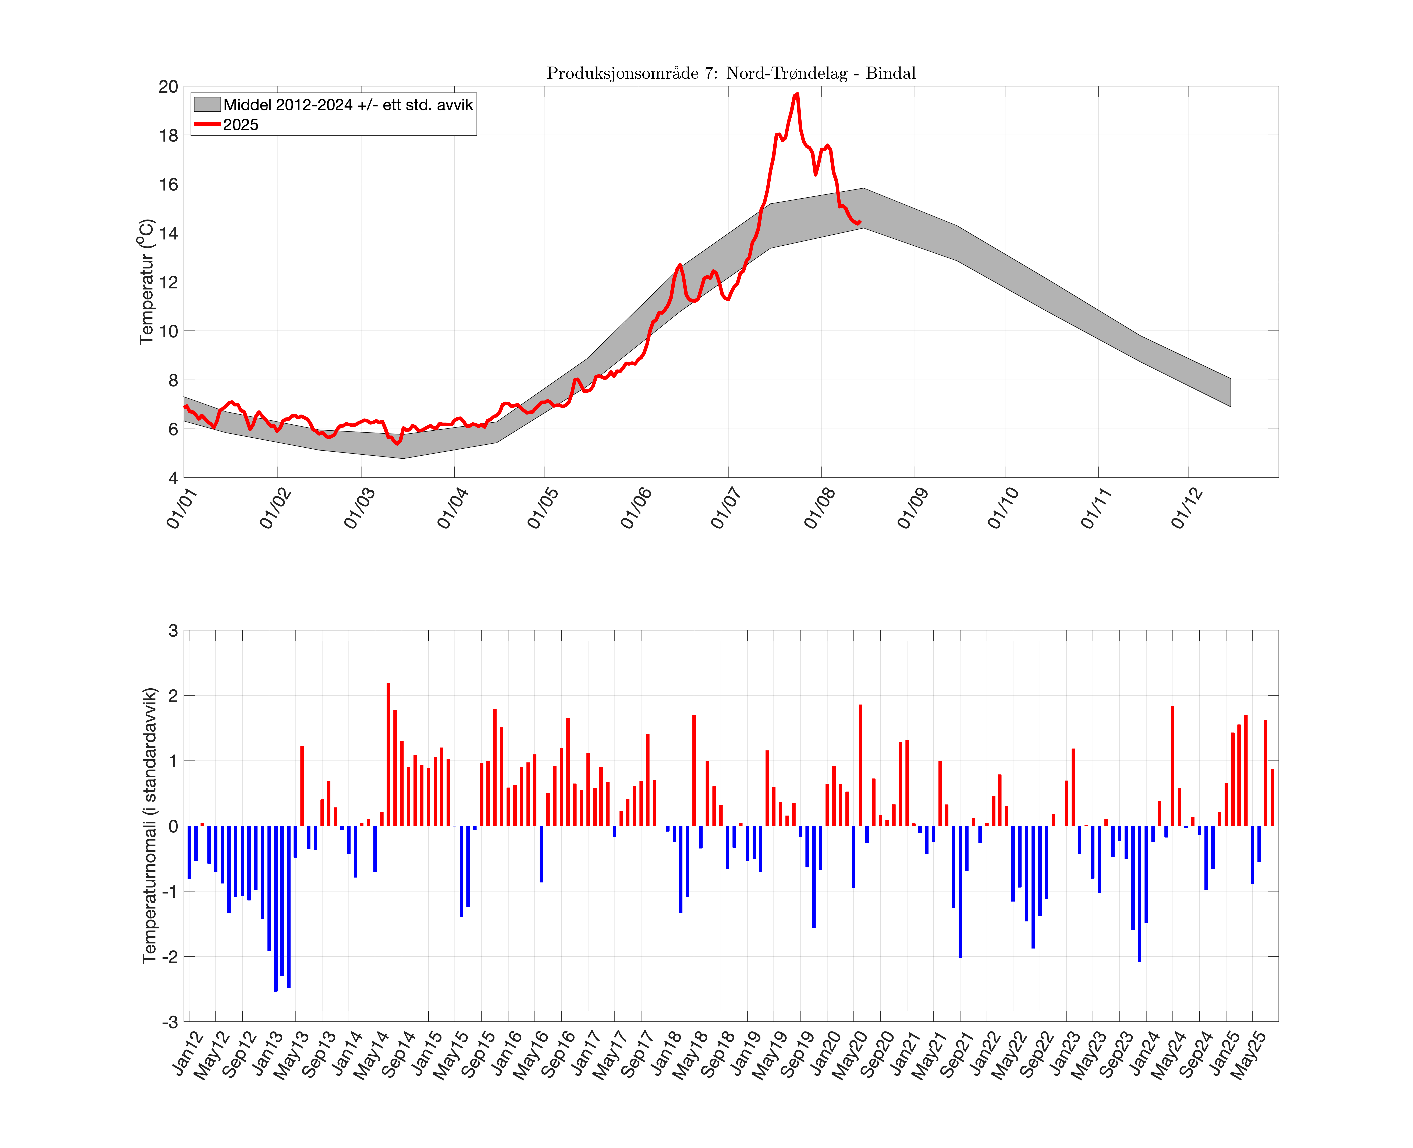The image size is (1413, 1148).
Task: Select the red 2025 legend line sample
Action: tap(207, 124)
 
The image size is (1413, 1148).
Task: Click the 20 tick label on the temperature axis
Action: tap(169, 87)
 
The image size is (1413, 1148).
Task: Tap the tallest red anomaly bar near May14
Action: tap(388, 754)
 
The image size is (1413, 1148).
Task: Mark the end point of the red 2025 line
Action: tap(860, 222)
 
